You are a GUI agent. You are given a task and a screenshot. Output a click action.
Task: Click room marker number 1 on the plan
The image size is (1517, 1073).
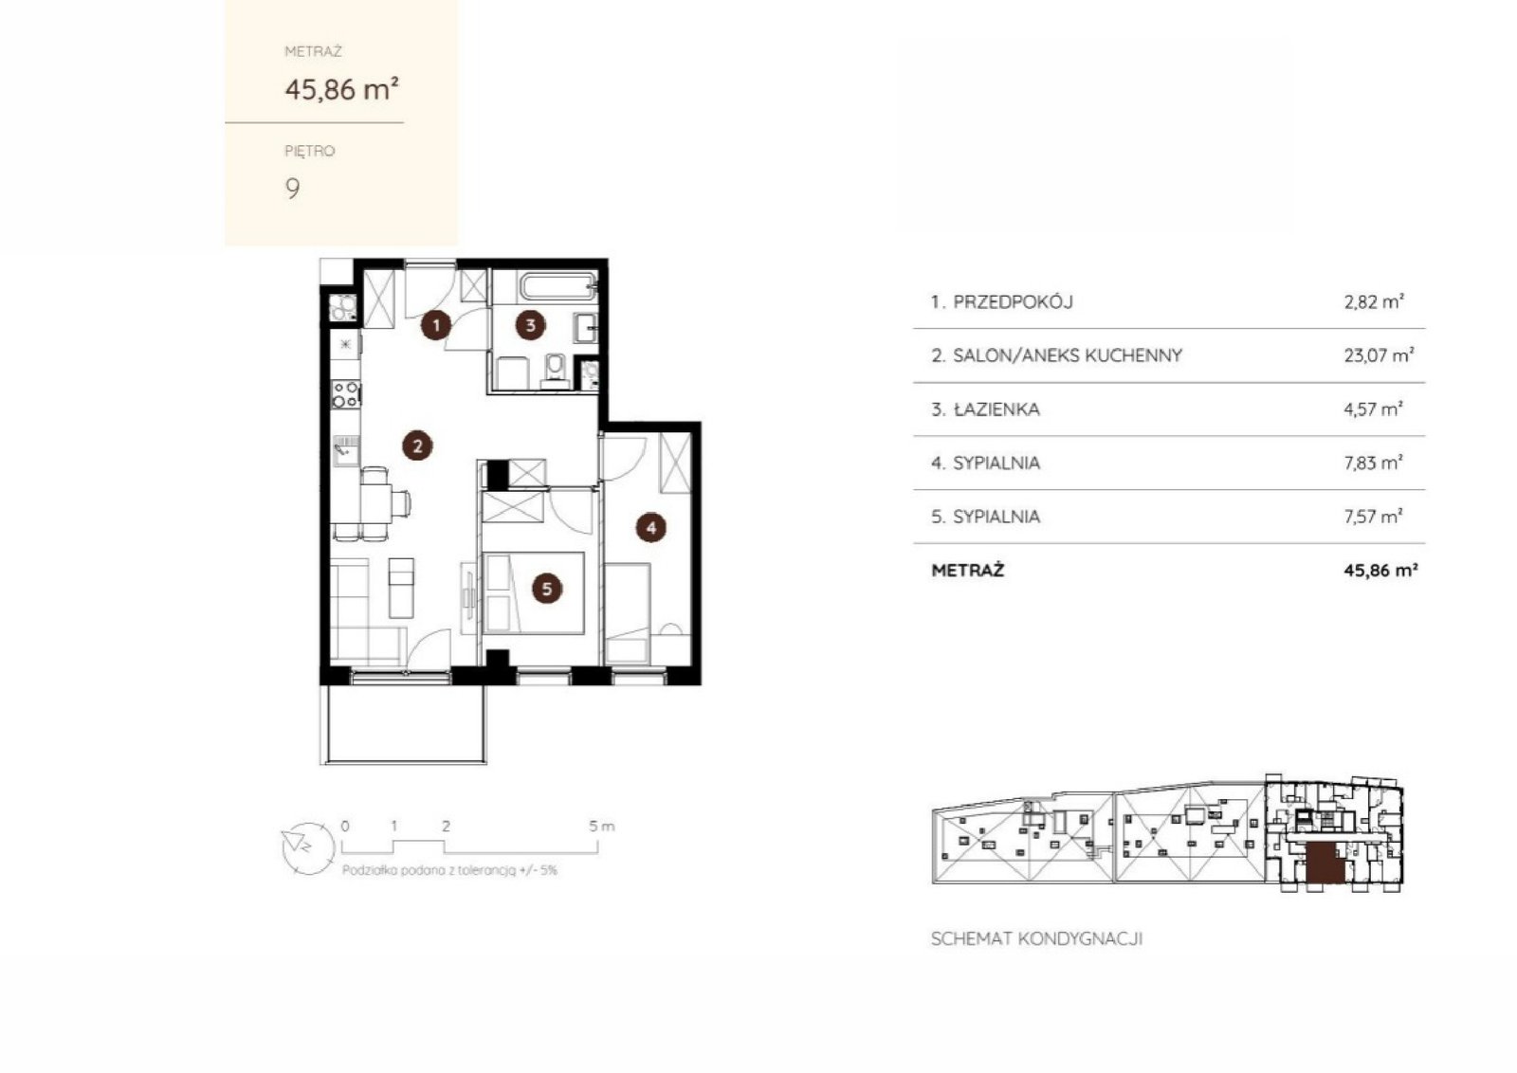[x=436, y=325]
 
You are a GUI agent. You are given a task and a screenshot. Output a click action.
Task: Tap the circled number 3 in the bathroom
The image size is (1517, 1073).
[x=530, y=325]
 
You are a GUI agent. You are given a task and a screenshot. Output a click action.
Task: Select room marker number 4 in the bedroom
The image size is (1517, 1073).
[x=650, y=527]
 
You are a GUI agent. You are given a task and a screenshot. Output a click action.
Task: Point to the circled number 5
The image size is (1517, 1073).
[x=546, y=589]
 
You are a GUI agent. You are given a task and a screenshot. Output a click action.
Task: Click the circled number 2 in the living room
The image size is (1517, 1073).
[x=417, y=446]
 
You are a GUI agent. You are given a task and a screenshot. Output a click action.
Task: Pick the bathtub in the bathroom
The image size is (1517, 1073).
[x=558, y=287]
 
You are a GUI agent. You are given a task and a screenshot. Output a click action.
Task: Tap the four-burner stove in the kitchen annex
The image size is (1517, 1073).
[x=345, y=394]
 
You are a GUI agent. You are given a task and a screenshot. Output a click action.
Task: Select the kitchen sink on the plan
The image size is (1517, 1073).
[x=345, y=451]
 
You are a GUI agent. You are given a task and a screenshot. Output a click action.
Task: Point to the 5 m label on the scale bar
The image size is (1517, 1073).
[x=602, y=826]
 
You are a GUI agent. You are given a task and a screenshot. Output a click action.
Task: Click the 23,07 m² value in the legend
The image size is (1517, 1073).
[x=1379, y=355]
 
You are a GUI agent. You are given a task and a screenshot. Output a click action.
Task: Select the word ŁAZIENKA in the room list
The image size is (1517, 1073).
[x=996, y=409]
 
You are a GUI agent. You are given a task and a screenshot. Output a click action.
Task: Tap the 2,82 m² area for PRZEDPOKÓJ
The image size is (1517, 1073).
[x=1374, y=301]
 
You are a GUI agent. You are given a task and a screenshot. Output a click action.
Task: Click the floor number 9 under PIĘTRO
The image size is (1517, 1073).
[x=293, y=189]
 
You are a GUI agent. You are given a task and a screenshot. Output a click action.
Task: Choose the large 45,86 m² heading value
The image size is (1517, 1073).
[x=342, y=89]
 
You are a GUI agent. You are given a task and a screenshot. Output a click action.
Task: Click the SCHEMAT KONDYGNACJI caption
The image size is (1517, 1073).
[x=1037, y=939]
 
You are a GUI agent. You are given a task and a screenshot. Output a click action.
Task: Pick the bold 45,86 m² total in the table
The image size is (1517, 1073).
[x=1380, y=570]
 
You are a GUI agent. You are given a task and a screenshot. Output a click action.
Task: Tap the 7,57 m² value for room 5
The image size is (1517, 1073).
[x=1374, y=517]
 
